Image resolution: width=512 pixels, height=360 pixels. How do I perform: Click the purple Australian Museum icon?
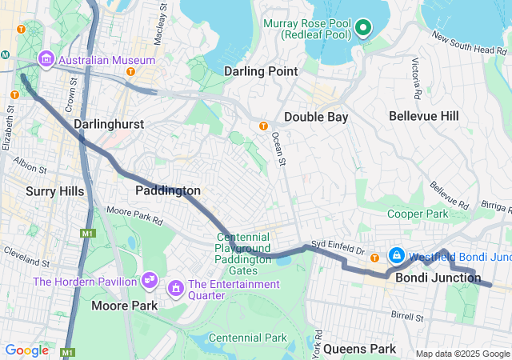click(x=45, y=60)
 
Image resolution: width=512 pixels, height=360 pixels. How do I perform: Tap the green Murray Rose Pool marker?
click(x=363, y=29)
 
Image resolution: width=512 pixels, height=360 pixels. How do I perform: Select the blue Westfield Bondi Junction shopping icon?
click(x=395, y=256)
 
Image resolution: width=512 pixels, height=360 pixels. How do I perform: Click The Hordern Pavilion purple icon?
click(x=149, y=279)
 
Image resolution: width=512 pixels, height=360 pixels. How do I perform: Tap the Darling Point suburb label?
click(x=261, y=71)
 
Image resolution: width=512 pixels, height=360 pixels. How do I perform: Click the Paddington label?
click(x=167, y=190)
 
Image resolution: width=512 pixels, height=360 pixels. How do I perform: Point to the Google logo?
click(x=26, y=350)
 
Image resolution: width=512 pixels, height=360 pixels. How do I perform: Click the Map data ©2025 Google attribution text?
click(x=462, y=354)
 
